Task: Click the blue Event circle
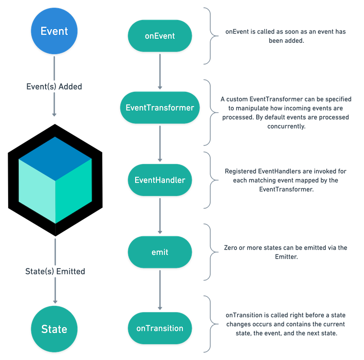[54, 31]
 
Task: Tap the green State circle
[54, 329]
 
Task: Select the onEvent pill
[160, 35]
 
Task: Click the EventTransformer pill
[160, 108]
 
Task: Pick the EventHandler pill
[160, 180]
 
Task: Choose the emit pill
[160, 251]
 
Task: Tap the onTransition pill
[160, 328]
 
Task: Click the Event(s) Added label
[54, 86]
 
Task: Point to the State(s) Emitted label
[54, 271]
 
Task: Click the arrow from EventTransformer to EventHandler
[160, 143]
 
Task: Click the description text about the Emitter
[286, 252]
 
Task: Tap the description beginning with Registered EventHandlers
[286, 180]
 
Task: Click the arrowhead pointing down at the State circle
[55, 300]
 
